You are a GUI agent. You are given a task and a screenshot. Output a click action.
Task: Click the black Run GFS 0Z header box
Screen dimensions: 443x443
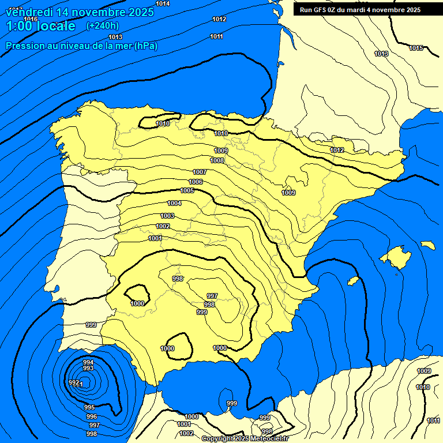(360, 10)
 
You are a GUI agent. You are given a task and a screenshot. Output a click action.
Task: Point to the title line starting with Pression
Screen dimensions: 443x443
(81, 46)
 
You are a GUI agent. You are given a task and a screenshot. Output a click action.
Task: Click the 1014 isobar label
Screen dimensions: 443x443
(163, 3)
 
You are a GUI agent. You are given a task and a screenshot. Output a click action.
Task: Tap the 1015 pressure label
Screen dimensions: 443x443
(416, 48)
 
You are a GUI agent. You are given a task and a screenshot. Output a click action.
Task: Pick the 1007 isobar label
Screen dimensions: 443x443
(200, 172)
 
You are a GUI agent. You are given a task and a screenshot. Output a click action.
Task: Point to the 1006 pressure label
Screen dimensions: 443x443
(196, 182)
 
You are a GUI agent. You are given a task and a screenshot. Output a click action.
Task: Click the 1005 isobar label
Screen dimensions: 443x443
(187, 190)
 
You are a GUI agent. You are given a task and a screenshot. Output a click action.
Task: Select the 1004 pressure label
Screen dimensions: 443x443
(174, 203)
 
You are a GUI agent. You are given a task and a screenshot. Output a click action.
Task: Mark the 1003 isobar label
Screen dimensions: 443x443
(167, 216)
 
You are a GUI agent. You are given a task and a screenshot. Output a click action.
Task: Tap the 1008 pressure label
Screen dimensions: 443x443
(217, 160)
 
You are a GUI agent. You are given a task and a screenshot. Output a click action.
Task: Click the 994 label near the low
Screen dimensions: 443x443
(88, 362)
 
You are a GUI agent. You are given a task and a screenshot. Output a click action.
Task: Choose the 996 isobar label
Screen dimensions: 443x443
(91, 416)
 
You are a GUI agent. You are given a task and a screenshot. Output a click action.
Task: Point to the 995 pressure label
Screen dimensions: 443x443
(89, 407)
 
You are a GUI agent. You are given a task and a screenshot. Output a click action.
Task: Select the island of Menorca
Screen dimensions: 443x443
(427, 245)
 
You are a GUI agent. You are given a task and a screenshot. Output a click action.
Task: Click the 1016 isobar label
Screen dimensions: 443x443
(31, 19)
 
